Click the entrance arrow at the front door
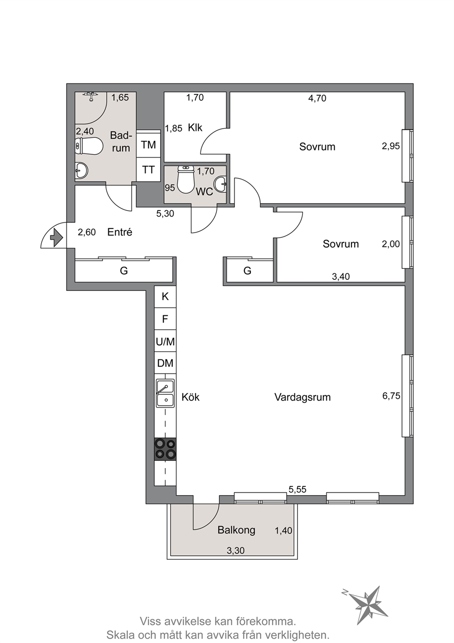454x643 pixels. pyautogui.click(x=56, y=237)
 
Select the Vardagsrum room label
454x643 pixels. pyautogui.click(x=303, y=397)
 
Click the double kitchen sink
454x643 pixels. pyautogui.click(x=165, y=393)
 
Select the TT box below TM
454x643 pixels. pyautogui.click(x=148, y=169)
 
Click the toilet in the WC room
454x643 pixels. pyautogui.click(x=186, y=179)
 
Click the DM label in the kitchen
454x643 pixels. pyautogui.click(x=165, y=363)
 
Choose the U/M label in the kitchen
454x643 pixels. pyautogui.click(x=166, y=342)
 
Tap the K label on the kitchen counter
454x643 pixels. pyautogui.click(x=165, y=296)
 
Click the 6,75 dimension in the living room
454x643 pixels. pyautogui.click(x=391, y=396)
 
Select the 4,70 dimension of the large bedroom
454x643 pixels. pyautogui.click(x=317, y=98)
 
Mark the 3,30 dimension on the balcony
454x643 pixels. pyautogui.click(x=235, y=550)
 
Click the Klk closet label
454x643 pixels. pyautogui.click(x=195, y=127)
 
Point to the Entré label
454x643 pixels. pyautogui.click(x=119, y=232)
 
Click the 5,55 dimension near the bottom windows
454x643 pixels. pyautogui.click(x=297, y=489)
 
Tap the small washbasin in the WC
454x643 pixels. pyautogui.click(x=221, y=183)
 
